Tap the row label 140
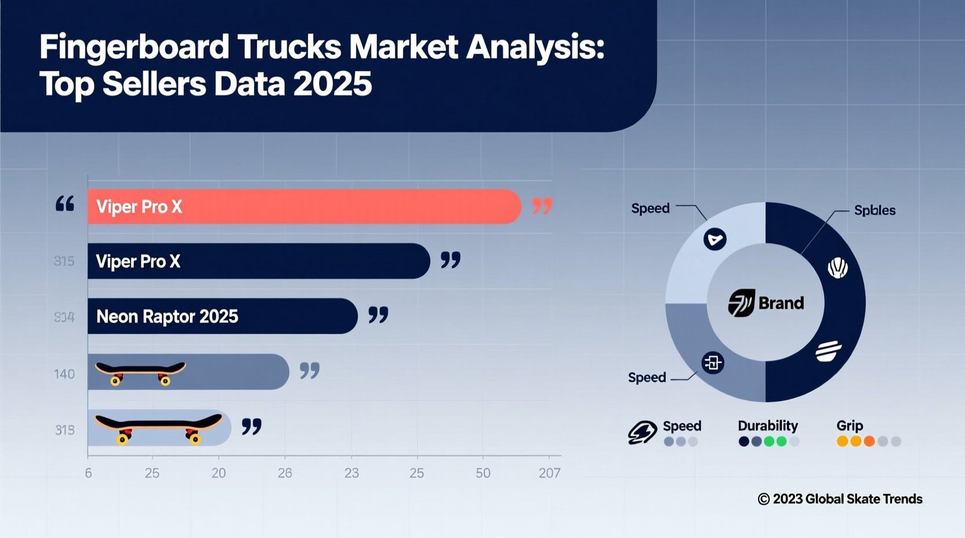[x=65, y=374]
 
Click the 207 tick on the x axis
[x=549, y=473]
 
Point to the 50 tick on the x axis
[x=482, y=473]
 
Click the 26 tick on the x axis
[x=285, y=473]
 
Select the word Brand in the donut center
[x=781, y=303]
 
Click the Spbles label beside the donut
[x=875, y=210]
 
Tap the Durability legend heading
[x=768, y=426]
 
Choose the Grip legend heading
[x=849, y=426]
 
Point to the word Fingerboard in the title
[x=134, y=47]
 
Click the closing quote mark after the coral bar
[x=542, y=207]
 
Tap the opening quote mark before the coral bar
[x=65, y=204]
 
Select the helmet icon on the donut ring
[x=837, y=267]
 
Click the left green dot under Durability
[x=769, y=441]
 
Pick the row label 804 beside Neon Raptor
[x=64, y=317]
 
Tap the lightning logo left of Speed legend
[x=642, y=432]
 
